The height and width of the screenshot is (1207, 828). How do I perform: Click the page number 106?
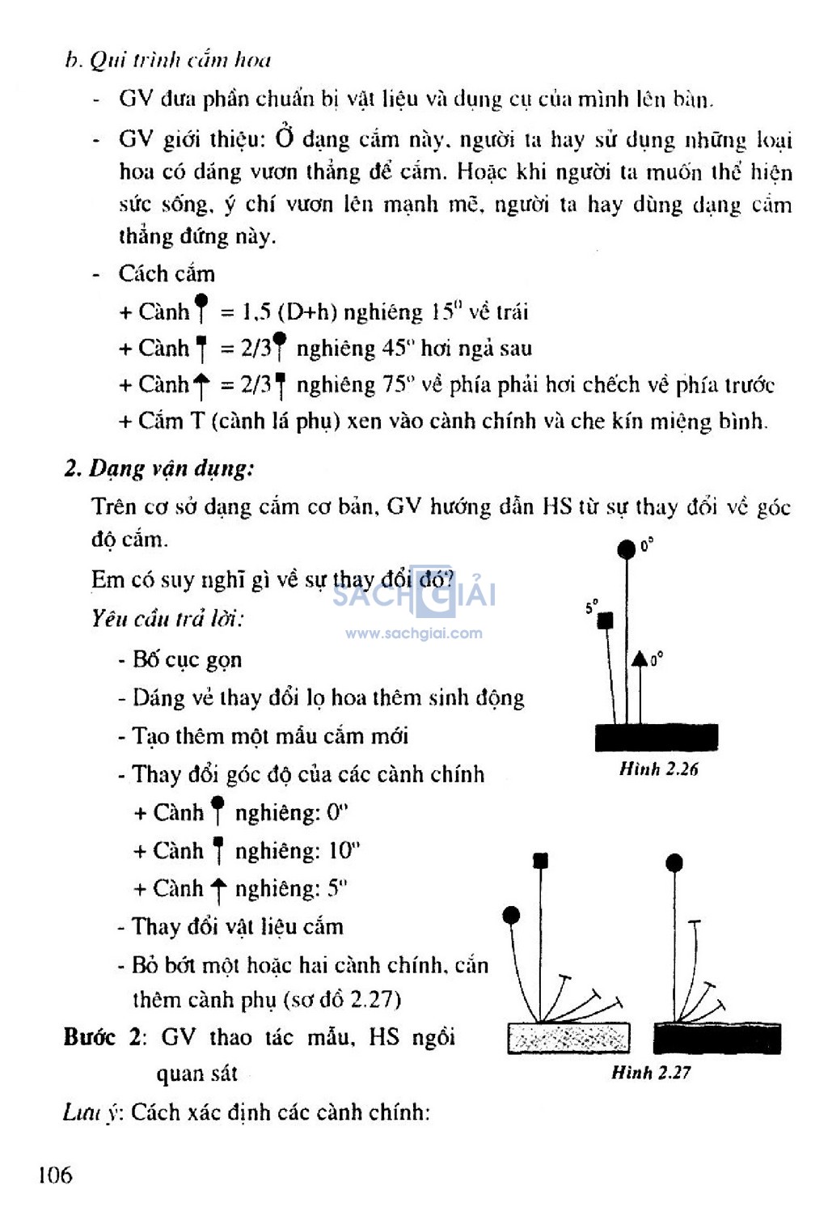click(x=55, y=1174)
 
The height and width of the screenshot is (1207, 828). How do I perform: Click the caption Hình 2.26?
click(x=658, y=769)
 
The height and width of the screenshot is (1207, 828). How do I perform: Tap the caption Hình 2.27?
click(x=651, y=1072)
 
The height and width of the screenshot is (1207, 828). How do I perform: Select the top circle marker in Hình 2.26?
click(x=626, y=550)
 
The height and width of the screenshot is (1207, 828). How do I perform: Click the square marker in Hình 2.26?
click(x=605, y=620)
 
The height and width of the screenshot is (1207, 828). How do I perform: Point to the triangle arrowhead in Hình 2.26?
click(x=640, y=659)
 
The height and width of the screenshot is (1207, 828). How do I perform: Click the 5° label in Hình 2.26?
click(x=592, y=606)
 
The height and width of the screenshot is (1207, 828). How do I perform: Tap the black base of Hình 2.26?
click(x=656, y=737)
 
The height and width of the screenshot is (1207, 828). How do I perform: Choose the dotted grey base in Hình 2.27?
click(x=568, y=1038)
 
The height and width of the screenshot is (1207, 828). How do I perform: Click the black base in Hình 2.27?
click(x=716, y=1038)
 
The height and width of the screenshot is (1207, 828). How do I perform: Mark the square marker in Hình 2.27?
click(x=540, y=860)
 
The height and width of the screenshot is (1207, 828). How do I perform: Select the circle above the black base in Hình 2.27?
click(x=674, y=863)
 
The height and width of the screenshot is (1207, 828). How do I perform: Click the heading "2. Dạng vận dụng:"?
click(x=159, y=468)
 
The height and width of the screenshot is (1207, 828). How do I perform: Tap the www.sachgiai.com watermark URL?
click(x=413, y=633)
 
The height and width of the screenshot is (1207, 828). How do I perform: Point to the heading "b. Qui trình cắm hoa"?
click(x=168, y=60)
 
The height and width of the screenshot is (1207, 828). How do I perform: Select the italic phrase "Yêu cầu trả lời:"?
click(x=167, y=619)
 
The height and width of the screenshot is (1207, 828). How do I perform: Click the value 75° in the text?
click(x=399, y=384)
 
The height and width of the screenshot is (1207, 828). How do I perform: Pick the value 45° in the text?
click(x=398, y=348)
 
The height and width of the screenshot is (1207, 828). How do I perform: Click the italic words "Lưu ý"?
click(x=91, y=1112)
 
